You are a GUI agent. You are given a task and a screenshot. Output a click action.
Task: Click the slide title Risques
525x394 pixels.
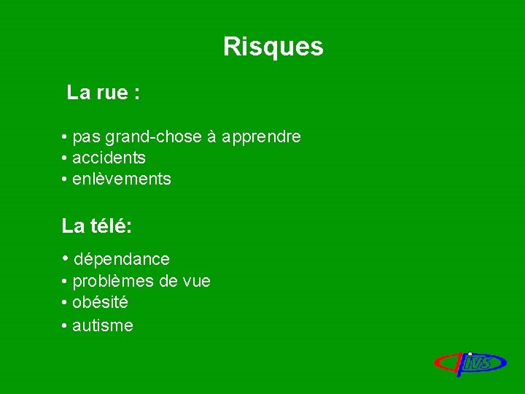[273, 47]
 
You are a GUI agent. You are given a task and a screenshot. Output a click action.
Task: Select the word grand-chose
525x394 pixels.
[154, 137]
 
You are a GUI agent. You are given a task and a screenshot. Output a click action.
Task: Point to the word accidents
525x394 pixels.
[109, 158]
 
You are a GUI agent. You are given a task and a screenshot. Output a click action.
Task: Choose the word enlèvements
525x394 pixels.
[122, 179]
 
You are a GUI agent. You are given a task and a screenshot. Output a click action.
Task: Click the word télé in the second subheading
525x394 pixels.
[110, 226]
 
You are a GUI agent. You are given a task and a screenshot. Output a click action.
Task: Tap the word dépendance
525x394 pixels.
[122, 259]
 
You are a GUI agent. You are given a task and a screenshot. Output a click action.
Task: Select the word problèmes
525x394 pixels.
[116, 282]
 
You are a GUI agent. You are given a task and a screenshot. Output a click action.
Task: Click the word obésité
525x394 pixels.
[101, 302]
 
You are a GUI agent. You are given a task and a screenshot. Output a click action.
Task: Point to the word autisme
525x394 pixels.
[103, 326]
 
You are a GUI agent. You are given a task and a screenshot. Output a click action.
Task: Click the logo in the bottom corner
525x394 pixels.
[471, 363]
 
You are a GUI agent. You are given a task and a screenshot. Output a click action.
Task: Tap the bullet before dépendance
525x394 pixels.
[66, 258]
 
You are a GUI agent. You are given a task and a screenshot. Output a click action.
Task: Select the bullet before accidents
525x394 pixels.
[66, 158]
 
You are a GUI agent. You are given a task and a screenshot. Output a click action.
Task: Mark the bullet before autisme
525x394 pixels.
[66, 326]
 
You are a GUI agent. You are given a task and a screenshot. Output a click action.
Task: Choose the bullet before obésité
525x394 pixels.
[66, 302]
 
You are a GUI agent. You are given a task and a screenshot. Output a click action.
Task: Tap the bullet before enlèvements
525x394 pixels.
[66, 179]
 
